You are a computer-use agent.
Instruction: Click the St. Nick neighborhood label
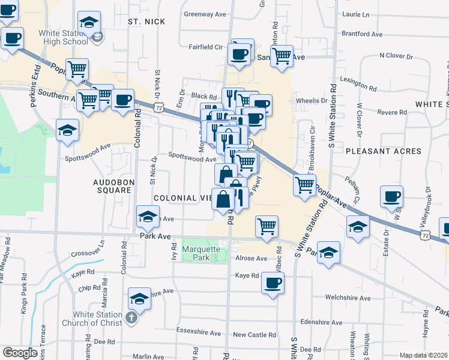click(x=142, y=21)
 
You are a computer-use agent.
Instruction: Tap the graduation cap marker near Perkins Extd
click(x=67, y=129)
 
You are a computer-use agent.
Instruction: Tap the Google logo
click(x=20, y=352)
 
